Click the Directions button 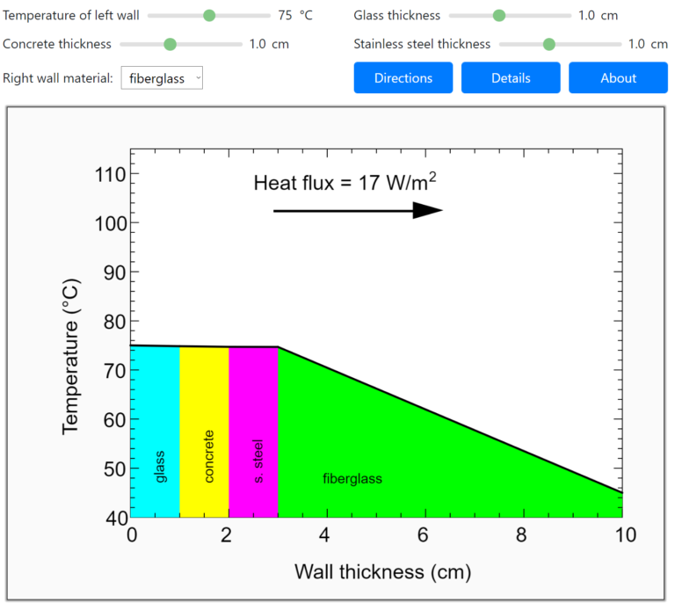[x=403, y=78]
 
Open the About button [x=618, y=78]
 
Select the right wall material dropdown [x=162, y=78]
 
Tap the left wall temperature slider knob [x=209, y=16]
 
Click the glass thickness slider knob [x=499, y=16]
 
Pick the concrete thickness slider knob [x=171, y=44]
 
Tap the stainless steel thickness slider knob [x=549, y=44]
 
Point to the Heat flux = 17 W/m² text [x=345, y=183]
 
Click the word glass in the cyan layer [x=159, y=466]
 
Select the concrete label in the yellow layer [x=208, y=456]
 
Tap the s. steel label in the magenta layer [x=258, y=461]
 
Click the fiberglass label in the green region [x=352, y=479]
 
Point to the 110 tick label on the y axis [x=111, y=174]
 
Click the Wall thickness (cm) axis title [x=382, y=572]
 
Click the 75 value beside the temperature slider [x=285, y=16]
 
